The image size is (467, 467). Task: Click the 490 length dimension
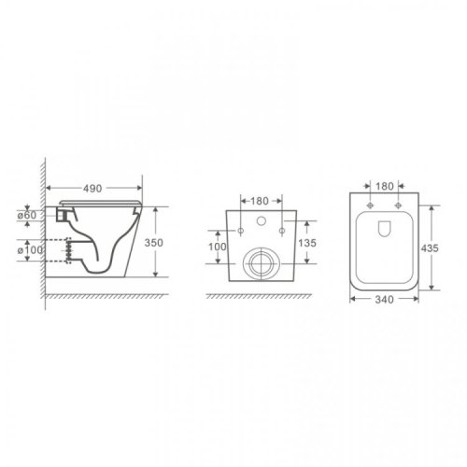pos(92,188)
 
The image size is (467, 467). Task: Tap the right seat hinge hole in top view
pos(398,205)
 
